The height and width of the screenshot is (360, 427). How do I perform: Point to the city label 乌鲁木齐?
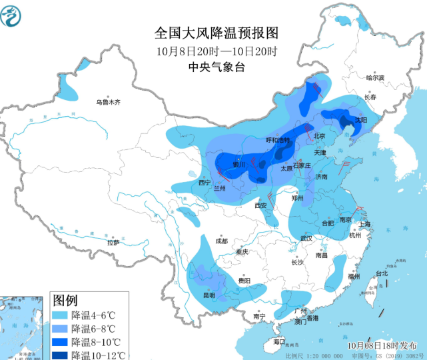click(x=108, y=102)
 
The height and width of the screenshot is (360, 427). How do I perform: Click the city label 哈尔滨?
click(x=375, y=78)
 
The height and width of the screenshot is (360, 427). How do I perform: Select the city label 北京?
click(x=319, y=136)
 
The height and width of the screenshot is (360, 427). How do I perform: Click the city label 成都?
click(x=221, y=241)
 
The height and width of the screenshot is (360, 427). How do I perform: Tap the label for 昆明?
click(x=209, y=295)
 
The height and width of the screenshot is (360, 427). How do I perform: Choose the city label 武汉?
click(x=306, y=238)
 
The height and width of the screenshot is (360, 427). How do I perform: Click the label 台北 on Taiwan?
click(x=382, y=273)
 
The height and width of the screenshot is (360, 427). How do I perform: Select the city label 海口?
click(x=278, y=342)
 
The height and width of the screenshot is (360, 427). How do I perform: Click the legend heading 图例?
click(x=66, y=301)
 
